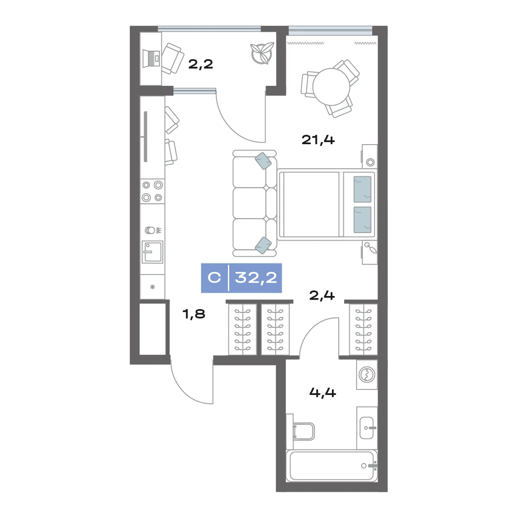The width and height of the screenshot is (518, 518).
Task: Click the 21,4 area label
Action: coord(318,140)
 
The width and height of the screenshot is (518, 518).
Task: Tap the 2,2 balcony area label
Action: coord(201,64)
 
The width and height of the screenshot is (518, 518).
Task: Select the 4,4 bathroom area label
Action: coord(322,393)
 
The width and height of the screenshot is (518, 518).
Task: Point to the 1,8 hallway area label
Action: coord(193,314)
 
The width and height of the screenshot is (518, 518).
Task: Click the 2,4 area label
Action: coord(322,295)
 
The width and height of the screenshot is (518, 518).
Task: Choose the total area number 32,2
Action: coord(256,278)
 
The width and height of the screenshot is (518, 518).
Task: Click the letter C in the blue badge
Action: coord(214,278)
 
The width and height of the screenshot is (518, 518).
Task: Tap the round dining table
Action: coord(331,87)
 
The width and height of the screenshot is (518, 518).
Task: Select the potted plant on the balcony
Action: coord(262,54)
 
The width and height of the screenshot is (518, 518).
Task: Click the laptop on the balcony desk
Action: coord(152,58)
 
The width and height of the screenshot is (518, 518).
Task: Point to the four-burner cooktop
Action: coord(152,191)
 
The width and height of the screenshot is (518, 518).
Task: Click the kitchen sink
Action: coord(152,252)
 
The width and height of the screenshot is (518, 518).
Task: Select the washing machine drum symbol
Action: coord(366,374)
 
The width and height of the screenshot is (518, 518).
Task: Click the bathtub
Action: coord(332,466)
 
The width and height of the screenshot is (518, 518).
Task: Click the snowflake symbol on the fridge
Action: coord(152,287)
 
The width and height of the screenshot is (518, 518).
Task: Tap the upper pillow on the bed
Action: coord(362,189)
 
